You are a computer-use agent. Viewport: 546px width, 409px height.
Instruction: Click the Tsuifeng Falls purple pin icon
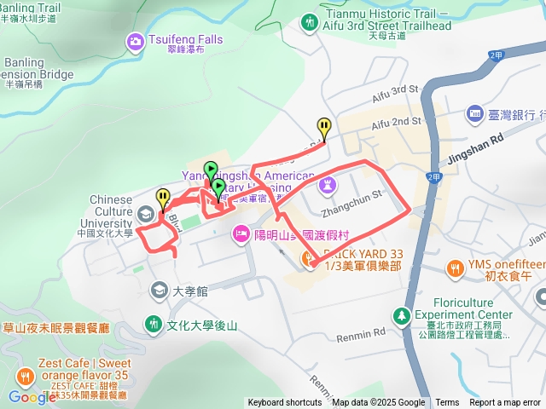click(x=135, y=40)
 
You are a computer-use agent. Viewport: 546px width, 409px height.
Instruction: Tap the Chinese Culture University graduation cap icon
click(x=148, y=213)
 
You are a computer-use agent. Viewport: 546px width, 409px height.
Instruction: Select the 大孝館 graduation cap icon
click(x=159, y=291)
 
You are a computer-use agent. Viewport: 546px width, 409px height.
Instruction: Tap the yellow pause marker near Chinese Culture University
click(x=163, y=198)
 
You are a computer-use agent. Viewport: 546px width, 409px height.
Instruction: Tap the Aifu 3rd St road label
click(x=392, y=90)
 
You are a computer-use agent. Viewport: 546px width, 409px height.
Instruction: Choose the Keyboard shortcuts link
click(x=285, y=403)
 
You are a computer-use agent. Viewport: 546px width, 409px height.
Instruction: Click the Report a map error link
click(x=504, y=403)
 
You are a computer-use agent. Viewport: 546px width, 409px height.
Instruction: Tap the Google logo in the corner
click(x=32, y=397)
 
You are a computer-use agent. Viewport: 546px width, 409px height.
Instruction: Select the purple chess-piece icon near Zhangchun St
click(x=327, y=183)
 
